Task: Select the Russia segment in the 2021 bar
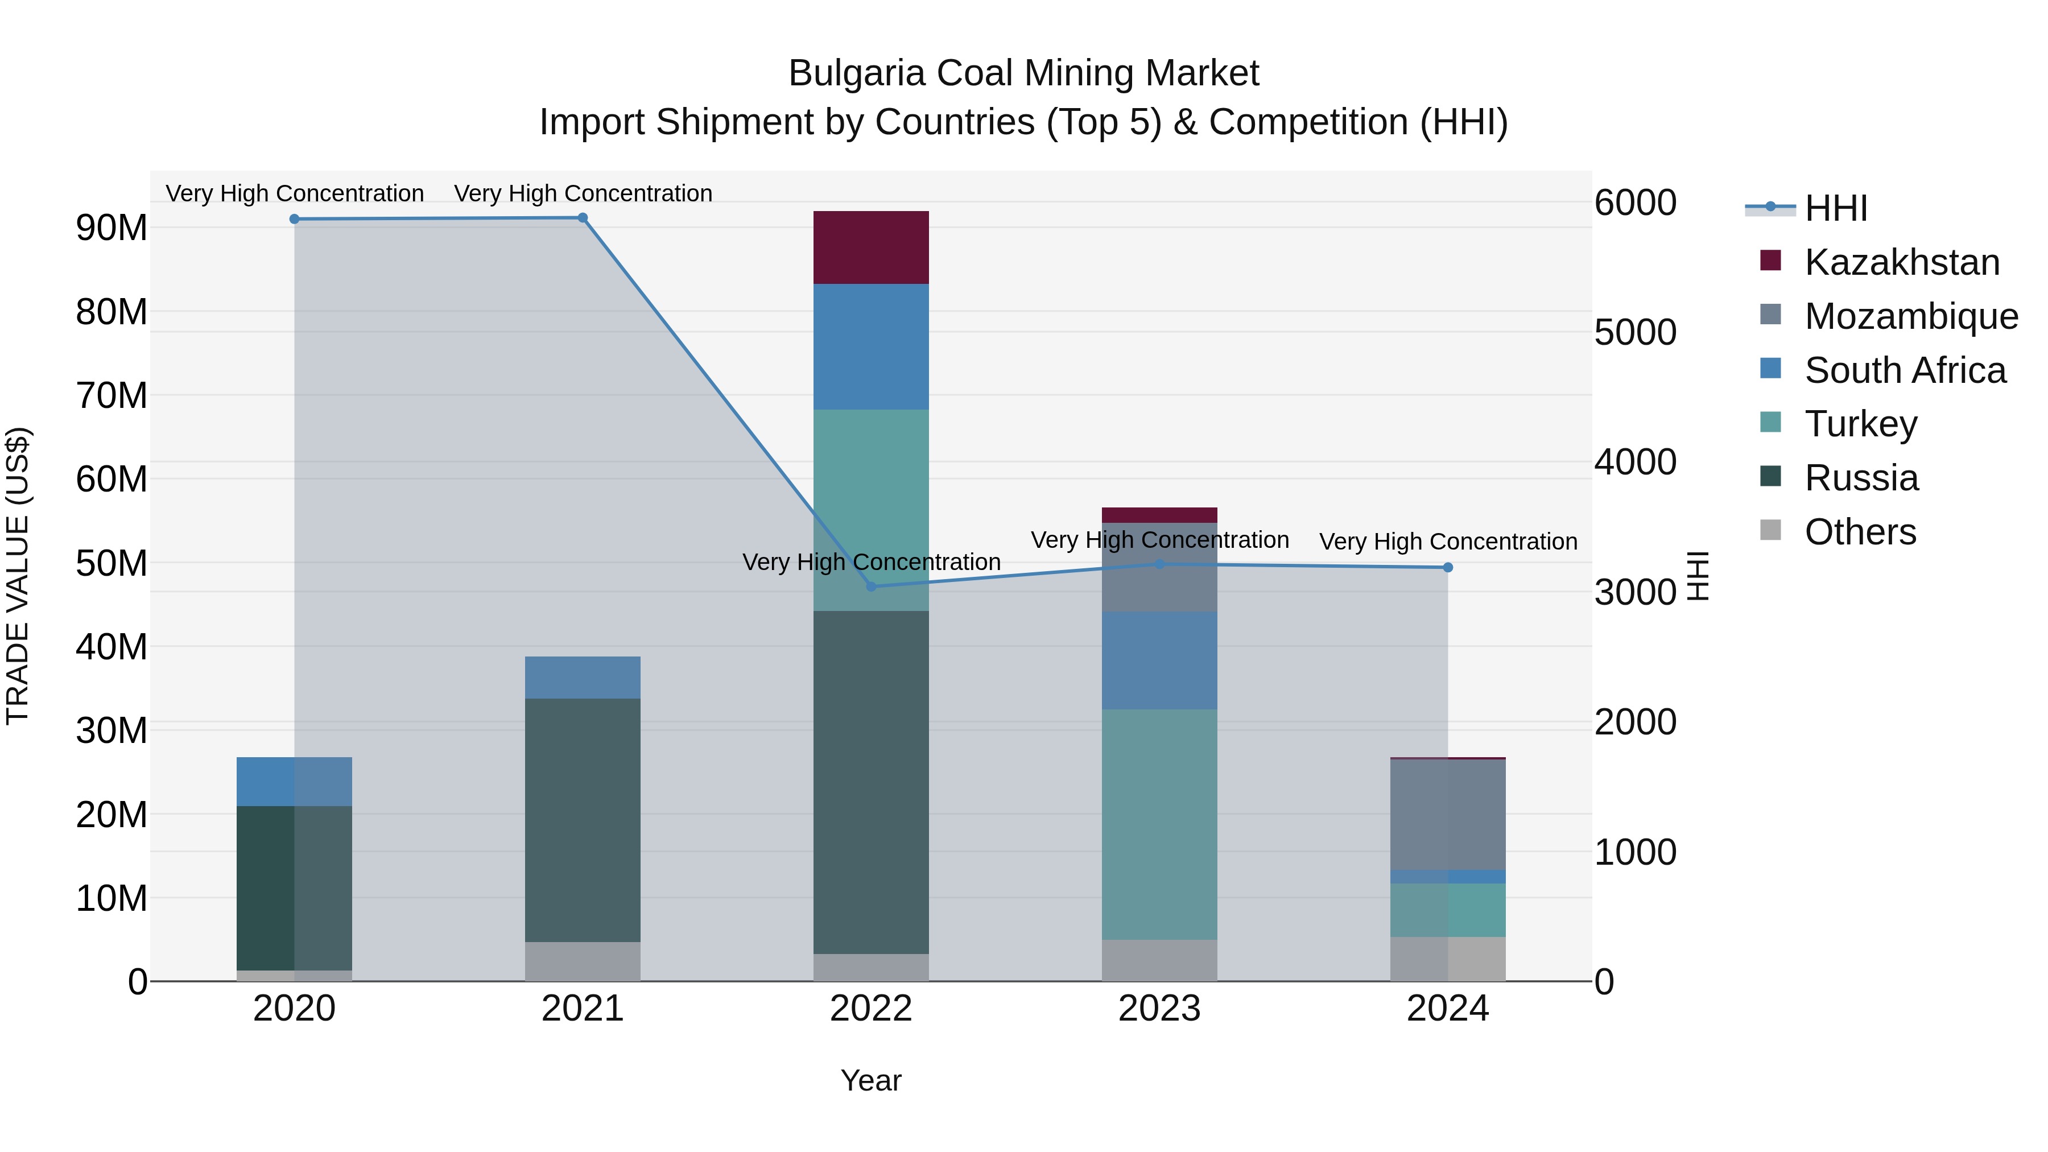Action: tap(582, 820)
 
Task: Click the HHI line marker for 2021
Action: tap(582, 218)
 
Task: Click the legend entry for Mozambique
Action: tap(1910, 316)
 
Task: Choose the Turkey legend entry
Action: tap(1860, 424)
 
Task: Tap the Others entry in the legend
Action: tap(1860, 532)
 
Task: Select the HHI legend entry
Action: tap(1835, 208)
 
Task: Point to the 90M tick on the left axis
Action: tap(112, 228)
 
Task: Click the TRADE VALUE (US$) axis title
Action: tap(18, 576)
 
